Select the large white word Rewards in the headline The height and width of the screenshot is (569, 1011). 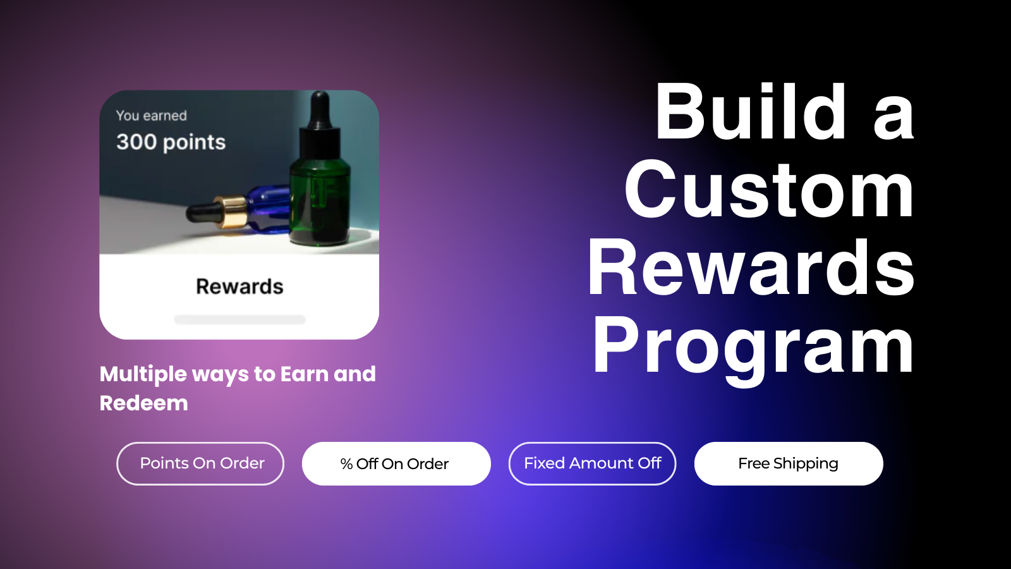pyautogui.click(x=751, y=268)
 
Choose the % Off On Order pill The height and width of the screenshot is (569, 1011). pyautogui.click(x=396, y=464)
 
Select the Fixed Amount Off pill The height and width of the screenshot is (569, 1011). pyautogui.click(x=592, y=464)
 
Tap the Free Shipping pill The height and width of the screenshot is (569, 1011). pyautogui.click(x=789, y=464)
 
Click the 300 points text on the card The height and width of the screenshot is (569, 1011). pyautogui.click(x=171, y=142)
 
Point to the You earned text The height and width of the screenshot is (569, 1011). pyautogui.click(x=151, y=116)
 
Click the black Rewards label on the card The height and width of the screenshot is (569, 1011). pyautogui.click(x=239, y=286)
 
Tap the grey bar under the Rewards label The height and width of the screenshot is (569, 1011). pyautogui.click(x=239, y=320)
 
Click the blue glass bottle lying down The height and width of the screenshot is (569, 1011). pyautogui.click(x=268, y=209)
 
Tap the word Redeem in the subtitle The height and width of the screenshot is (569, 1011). pyautogui.click(x=143, y=403)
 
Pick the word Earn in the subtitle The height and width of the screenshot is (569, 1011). pyautogui.click(x=304, y=374)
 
